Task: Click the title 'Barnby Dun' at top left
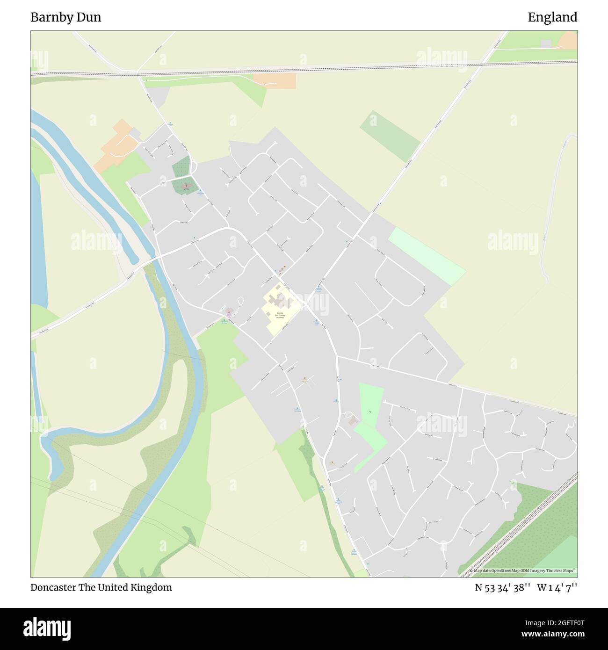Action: (65, 18)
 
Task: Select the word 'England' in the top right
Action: (552, 18)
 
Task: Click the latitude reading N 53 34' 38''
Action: (502, 587)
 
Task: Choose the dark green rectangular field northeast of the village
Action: (390, 136)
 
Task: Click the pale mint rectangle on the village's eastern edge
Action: (427, 256)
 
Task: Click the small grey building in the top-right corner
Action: (546, 43)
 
